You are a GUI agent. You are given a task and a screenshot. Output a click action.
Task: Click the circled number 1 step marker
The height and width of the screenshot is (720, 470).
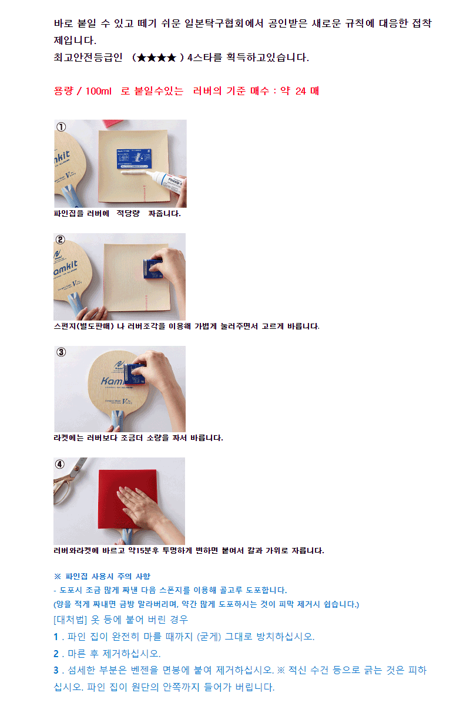coord(61,127)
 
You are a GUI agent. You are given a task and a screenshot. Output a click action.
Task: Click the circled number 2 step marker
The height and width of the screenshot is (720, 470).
coord(60,240)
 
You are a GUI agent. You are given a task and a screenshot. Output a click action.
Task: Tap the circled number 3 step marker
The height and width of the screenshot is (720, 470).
coord(61,352)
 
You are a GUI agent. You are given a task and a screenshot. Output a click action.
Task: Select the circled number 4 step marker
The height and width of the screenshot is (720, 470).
coord(60,464)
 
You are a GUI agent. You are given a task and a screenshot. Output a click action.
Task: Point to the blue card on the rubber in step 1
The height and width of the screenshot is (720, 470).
coord(134,158)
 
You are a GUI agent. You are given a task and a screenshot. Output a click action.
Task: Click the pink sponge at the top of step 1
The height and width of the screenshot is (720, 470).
coord(113,123)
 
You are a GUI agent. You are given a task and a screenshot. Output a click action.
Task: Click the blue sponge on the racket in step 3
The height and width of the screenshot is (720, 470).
coord(135,374)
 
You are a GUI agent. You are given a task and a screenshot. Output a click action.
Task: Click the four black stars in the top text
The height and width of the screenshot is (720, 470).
coord(156,58)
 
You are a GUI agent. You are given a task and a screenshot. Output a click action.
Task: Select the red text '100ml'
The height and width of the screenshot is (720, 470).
coord(98,91)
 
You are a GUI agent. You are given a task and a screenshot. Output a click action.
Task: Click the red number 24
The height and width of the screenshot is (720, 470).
coord(301,91)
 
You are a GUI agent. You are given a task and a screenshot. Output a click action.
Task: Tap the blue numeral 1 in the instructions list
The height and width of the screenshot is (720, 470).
coord(56,637)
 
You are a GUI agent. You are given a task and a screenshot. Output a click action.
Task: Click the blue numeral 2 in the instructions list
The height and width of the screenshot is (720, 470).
coord(56,654)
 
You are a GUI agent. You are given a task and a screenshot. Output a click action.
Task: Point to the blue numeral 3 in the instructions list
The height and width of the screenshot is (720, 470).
coord(56,670)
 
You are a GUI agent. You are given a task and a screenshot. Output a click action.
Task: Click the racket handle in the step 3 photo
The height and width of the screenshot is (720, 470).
coord(117,420)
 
